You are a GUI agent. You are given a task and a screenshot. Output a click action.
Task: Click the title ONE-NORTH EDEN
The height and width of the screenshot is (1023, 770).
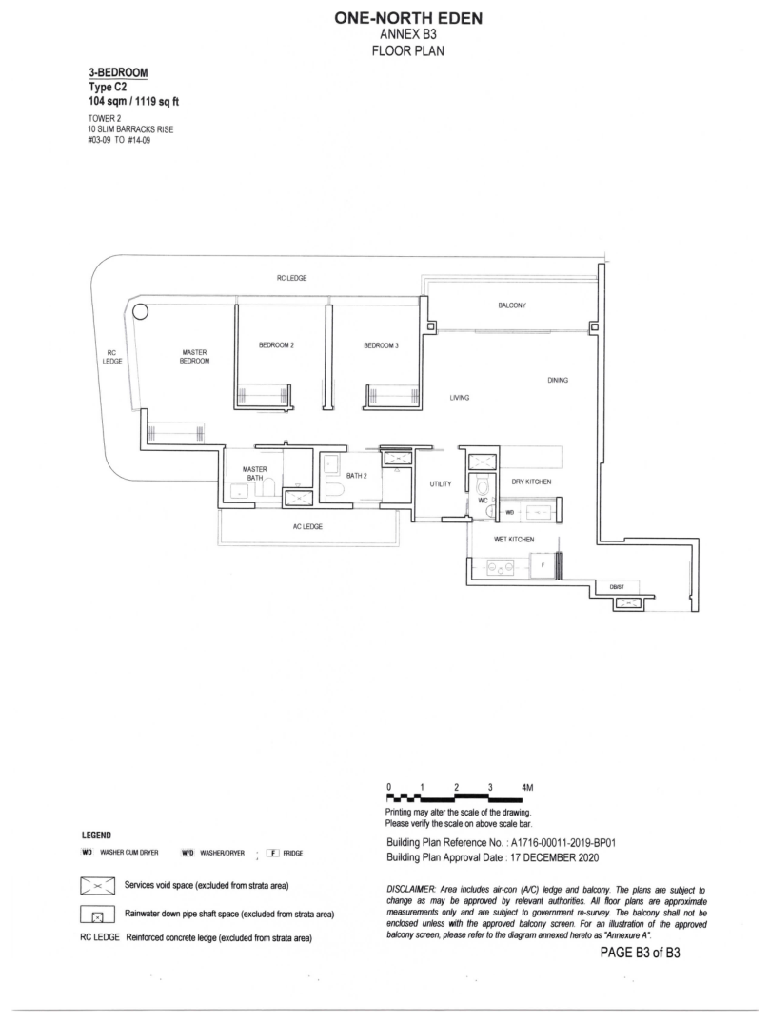(408, 19)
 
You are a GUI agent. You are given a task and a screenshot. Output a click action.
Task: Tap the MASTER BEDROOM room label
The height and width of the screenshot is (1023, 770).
(194, 356)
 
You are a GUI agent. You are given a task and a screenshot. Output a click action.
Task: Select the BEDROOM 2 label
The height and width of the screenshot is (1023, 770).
(276, 345)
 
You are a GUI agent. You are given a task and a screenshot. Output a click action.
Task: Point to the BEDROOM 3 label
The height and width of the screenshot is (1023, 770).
(381, 345)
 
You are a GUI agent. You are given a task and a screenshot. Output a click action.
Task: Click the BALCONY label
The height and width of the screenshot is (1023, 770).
(512, 305)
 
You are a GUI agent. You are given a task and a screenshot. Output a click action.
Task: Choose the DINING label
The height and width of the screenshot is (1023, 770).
(558, 380)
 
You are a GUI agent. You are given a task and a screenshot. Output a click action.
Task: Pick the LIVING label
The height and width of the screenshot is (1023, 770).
(460, 398)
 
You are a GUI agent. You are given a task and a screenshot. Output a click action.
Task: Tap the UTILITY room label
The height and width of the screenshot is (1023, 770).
(441, 484)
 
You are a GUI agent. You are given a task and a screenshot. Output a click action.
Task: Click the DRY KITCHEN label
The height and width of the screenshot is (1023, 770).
(531, 482)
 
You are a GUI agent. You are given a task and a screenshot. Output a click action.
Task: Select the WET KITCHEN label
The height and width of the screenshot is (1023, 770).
(514, 540)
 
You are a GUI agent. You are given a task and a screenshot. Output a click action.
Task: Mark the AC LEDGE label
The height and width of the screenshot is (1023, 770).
(307, 526)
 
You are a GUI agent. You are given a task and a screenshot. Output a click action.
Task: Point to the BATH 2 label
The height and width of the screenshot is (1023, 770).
(356, 476)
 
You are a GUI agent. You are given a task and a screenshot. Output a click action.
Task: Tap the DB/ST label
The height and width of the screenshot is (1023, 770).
(617, 587)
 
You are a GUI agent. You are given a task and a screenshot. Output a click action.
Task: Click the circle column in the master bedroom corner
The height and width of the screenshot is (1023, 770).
(140, 312)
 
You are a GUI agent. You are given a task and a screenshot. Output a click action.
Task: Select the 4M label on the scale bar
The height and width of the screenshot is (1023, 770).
(527, 788)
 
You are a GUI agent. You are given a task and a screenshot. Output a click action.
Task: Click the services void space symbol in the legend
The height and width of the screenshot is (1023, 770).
(96, 886)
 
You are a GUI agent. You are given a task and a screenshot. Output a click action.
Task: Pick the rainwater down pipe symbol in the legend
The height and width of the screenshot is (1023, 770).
(96, 915)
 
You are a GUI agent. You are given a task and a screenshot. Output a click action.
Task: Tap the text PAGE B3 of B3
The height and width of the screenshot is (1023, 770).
(641, 953)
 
